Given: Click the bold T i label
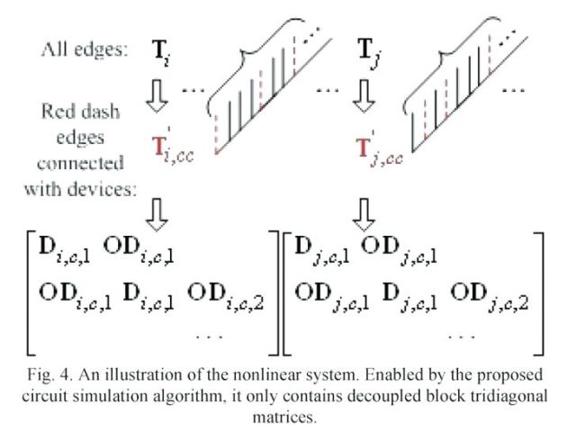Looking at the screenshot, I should pyautogui.click(x=161, y=50).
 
